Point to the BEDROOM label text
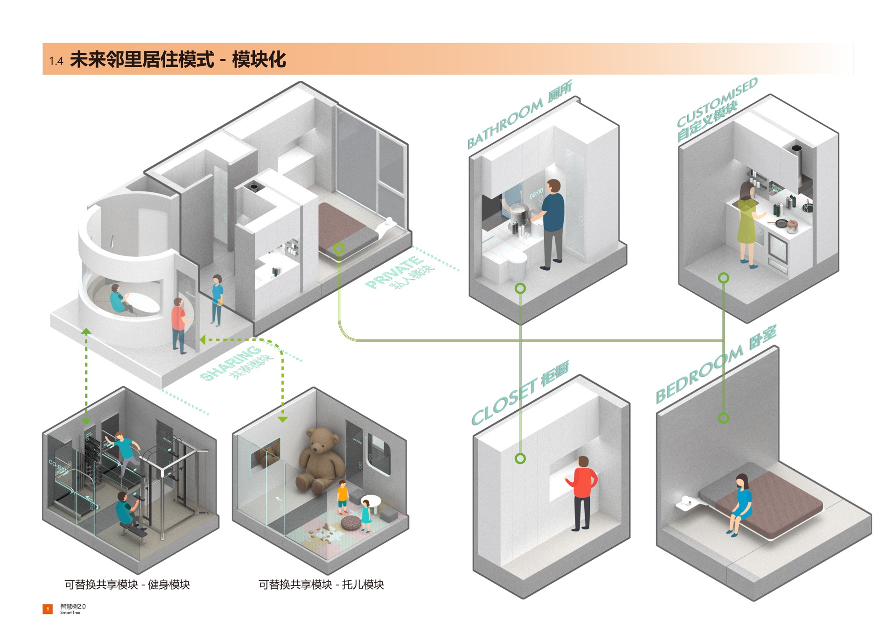(x=700, y=374)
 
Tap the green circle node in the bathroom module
(x=520, y=289)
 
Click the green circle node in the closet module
(x=520, y=458)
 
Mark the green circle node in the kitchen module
(x=723, y=278)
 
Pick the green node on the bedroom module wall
(x=723, y=418)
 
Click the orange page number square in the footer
(x=48, y=609)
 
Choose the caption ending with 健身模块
(x=127, y=585)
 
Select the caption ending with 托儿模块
(x=321, y=585)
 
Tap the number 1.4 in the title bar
(x=56, y=61)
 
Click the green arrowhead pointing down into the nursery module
(x=283, y=419)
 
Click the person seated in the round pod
(x=119, y=299)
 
